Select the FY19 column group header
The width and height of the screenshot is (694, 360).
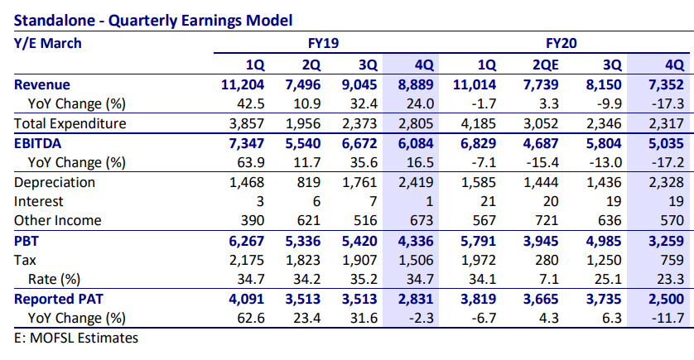point(323,42)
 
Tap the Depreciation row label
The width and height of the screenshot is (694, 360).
point(55,182)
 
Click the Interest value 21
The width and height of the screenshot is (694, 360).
point(488,201)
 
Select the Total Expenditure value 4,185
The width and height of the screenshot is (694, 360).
point(480,123)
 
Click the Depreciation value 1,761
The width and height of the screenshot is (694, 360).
point(360,182)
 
